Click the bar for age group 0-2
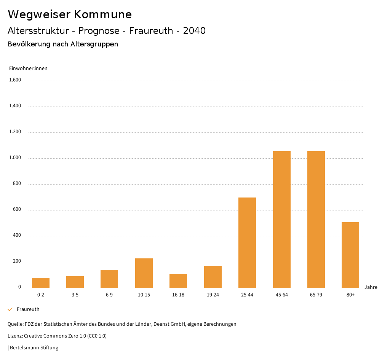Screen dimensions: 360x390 41,283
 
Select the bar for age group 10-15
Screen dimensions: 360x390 144,273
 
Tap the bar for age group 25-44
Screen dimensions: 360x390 247,242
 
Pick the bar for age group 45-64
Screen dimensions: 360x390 282,219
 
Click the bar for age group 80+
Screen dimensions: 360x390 350,255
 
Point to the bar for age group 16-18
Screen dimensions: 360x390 178,281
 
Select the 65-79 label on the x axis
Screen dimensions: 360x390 316,295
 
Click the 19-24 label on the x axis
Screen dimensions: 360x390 213,295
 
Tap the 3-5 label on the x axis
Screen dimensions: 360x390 75,295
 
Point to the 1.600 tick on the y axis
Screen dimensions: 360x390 15,80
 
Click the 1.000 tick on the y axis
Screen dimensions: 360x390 15,158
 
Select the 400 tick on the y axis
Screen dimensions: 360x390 17,235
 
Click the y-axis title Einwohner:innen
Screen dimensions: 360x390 28,68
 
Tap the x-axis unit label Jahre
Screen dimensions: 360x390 371,287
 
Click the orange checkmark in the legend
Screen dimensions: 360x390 10,309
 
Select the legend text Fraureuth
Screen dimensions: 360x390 28,309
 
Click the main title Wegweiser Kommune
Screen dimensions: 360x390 70,14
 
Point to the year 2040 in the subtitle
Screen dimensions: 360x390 194,31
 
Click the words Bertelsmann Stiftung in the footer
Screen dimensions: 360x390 34,347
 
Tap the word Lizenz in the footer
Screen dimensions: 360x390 15,336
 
